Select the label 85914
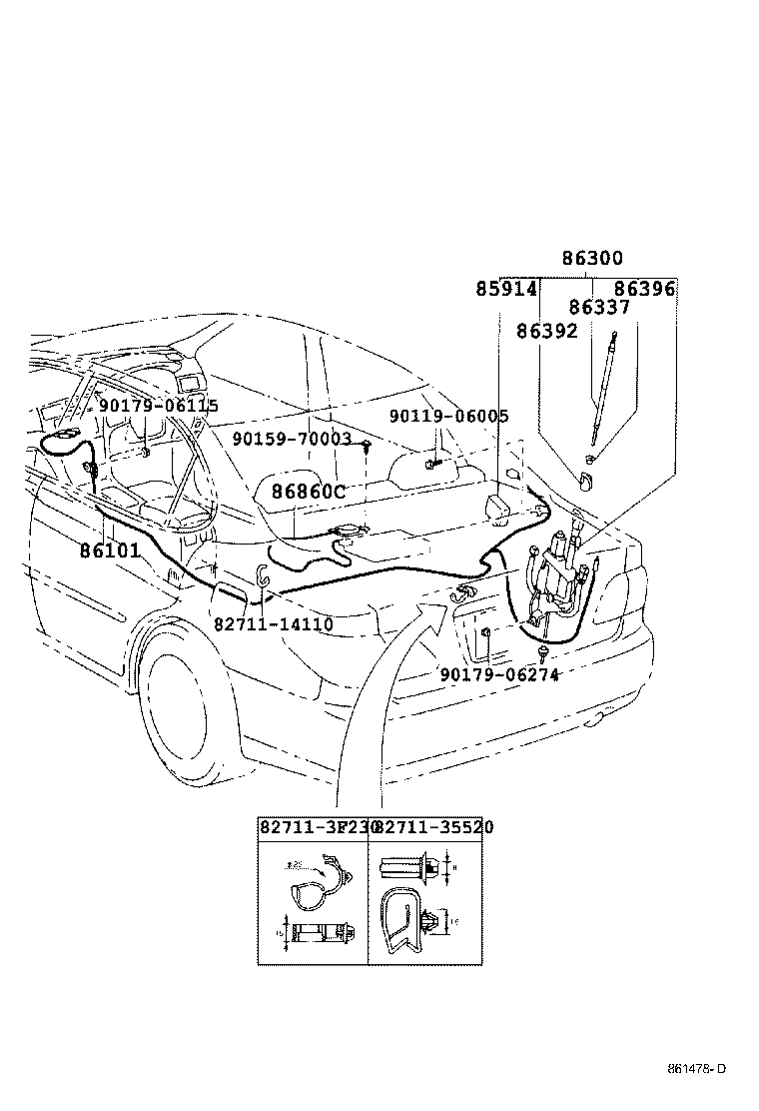point(506,290)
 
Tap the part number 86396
point(644,290)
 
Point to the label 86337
point(600,308)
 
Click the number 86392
point(547,331)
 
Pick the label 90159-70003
point(292,439)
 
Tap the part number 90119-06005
point(448,416)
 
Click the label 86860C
point(309,492)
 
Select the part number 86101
point(110,550)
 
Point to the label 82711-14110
point(273,624)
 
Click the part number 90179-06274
point(499,674)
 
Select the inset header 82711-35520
point(433,827)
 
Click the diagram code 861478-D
point(697,1069)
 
